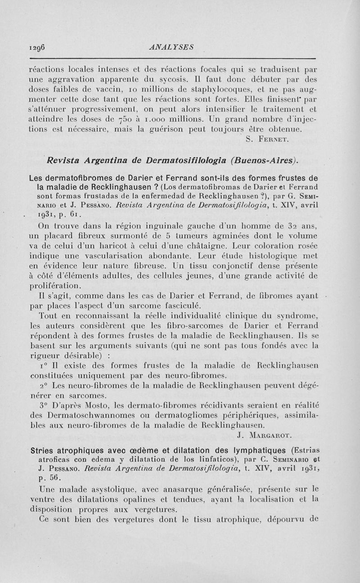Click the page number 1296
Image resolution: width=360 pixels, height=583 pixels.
pos(38,46)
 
